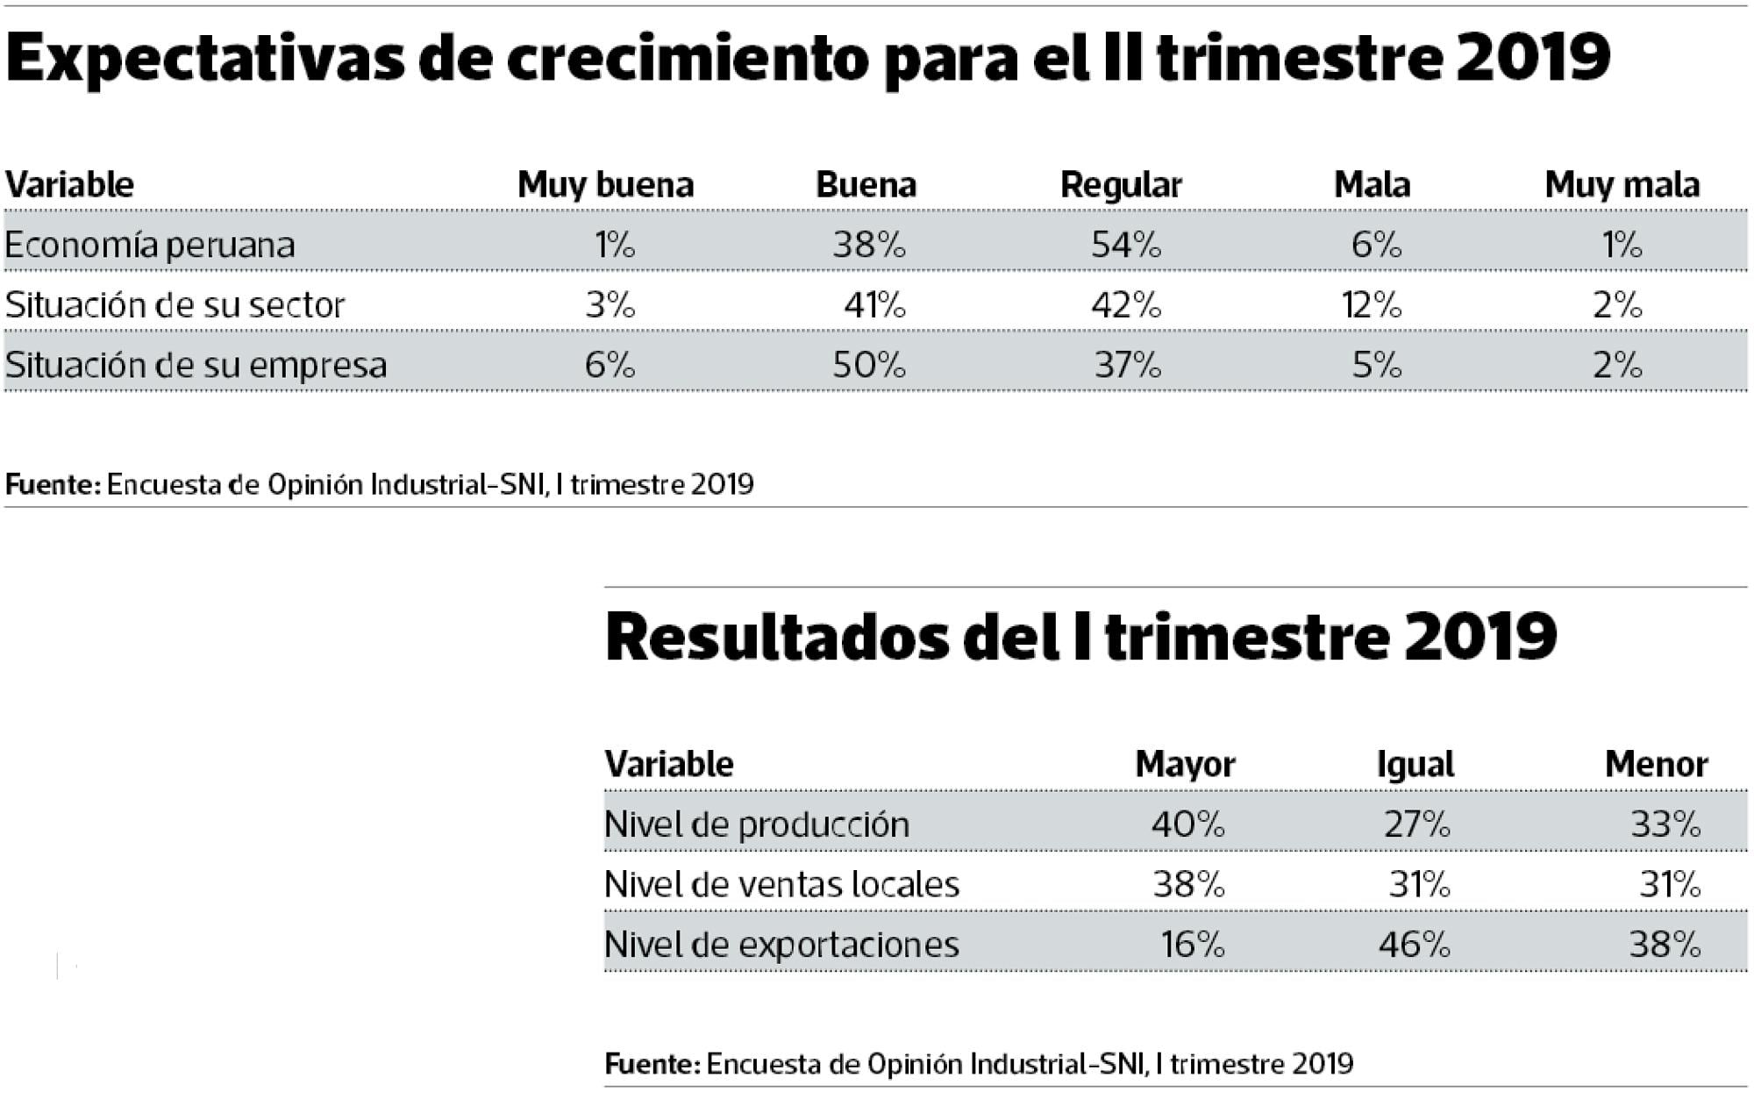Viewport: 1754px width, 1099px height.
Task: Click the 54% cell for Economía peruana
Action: (x=1125, y=245)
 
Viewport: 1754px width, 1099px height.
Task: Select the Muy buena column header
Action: (x=605, y=185)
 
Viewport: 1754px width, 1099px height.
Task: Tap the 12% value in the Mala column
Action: (x=1372, y=305)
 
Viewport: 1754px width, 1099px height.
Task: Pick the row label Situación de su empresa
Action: (x=196, y=365)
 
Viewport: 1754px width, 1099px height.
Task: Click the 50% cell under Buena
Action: (x=868, y=365)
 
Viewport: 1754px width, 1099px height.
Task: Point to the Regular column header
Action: (x=1121, y=185)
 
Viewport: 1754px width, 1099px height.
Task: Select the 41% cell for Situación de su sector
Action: (x=874, y=305)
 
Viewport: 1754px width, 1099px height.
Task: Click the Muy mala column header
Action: (x=1622, y=185)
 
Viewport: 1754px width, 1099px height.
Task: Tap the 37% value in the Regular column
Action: (x=1127, y=365)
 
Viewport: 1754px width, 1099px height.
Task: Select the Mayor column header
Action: (x=1185, y=765)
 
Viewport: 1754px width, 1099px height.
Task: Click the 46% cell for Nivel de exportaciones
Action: (x=1414, y=945)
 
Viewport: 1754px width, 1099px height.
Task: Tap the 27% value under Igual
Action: (x=1416, y=824)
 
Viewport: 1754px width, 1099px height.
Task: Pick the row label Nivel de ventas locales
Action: (x=781, y=884)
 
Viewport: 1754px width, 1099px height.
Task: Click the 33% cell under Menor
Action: (x=1665, y=824)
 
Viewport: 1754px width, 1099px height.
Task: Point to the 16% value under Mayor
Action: (x=1192, y=945)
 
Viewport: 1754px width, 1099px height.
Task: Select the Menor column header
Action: (x=1656, y=765)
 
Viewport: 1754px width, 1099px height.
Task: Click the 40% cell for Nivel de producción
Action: (x=1187, y=824)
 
